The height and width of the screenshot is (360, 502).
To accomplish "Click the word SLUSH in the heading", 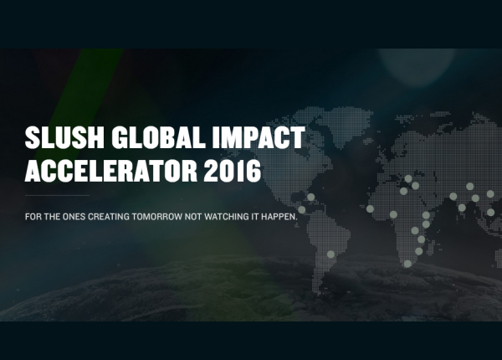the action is (x=64, y=137).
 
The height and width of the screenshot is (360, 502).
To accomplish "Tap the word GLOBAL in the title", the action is (x=158, y=137).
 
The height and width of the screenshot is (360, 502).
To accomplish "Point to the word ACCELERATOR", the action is (x=110, y=170).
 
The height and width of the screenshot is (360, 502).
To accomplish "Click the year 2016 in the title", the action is (x=233, y=170).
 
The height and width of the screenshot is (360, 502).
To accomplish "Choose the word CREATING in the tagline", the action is (x=109, y=217).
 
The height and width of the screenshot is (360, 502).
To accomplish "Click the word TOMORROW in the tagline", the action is (x=157, y=217).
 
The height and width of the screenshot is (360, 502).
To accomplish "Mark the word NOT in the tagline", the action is (x=193, y=217).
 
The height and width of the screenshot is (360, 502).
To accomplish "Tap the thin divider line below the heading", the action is (x=57, y=195).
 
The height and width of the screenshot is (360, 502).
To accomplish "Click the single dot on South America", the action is (x=330, y=255).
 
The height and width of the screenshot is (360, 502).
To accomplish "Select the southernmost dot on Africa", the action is (x=407, y=264).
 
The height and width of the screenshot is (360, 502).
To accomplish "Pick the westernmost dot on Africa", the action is (x=370, y=208).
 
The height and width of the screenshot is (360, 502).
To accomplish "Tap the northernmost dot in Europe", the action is (x=408, y=178).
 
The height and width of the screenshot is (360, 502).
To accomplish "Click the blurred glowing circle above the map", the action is (x=416, y=64).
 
